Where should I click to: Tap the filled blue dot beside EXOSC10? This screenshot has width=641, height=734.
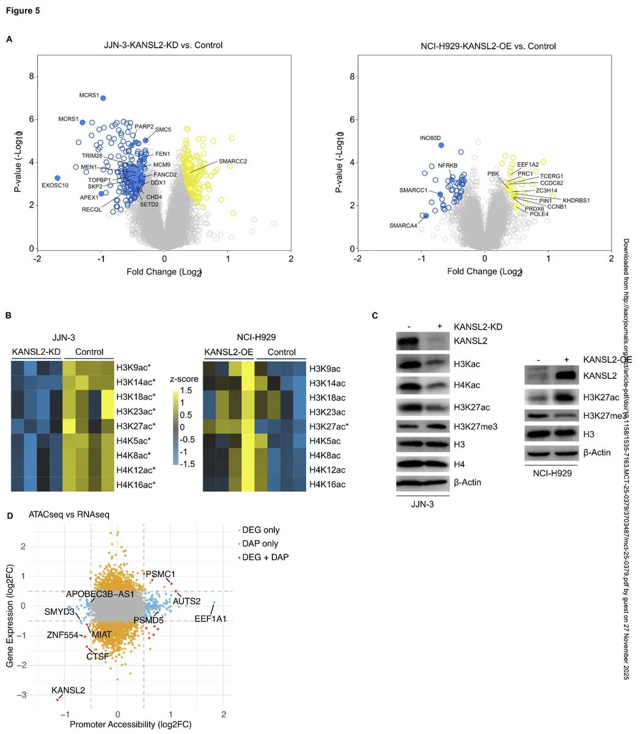point(57,178)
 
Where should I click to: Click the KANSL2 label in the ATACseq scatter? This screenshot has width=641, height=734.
point(68,690)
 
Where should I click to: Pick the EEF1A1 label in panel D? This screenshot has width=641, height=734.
point(210,619)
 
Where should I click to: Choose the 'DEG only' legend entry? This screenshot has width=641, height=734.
point(261,530)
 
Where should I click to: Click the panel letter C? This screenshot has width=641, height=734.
point(375,316)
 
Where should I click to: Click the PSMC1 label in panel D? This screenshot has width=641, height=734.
point(161,574)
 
